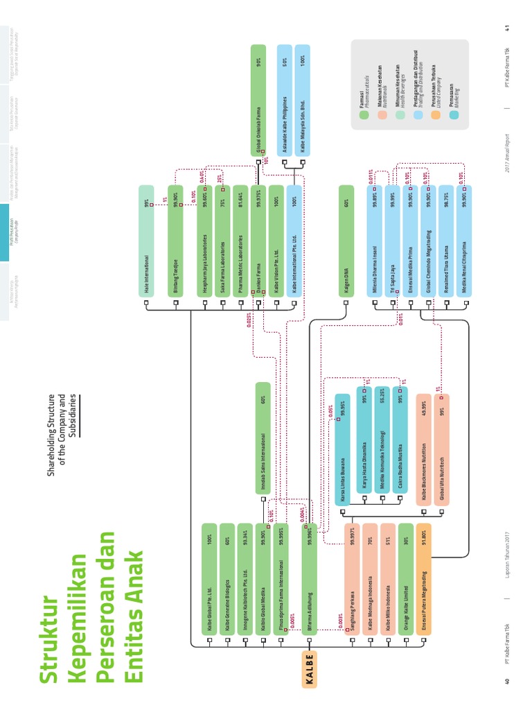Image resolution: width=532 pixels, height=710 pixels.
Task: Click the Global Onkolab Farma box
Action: [258, 100]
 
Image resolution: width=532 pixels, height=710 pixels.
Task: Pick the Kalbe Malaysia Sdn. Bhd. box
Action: [303, 100]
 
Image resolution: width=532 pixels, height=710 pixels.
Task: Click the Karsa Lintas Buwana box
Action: [342, 449]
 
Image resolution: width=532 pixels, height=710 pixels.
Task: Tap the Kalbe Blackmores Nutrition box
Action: [423, 449]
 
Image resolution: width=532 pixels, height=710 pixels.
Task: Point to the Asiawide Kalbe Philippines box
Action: [285, 100]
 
